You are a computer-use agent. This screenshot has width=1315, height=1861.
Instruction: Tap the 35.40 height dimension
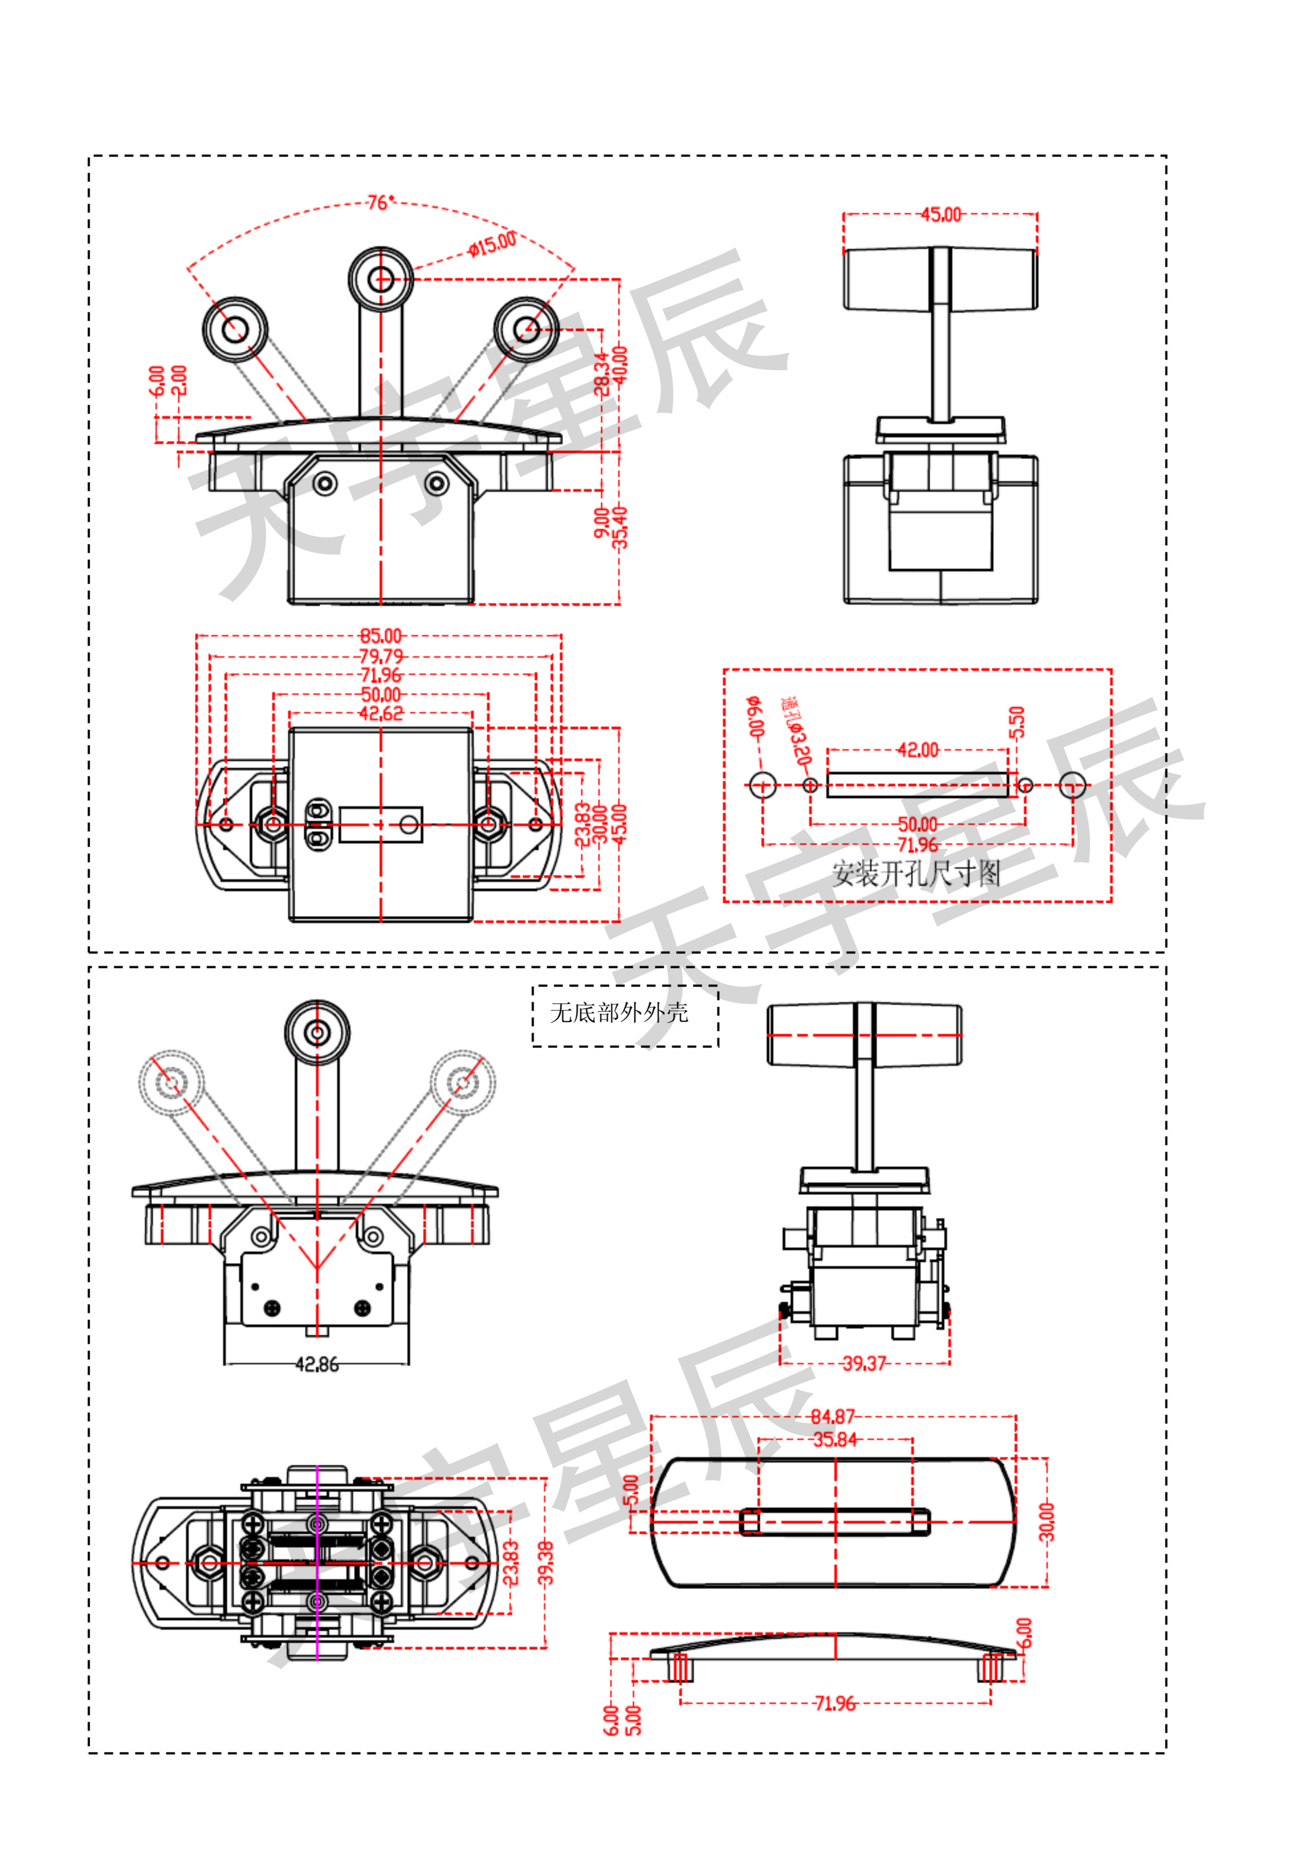[x=620, y=527]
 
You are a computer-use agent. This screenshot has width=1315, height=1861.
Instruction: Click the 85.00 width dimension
[x=380, y=636]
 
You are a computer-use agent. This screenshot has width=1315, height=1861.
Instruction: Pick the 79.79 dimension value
[x=380, y=656]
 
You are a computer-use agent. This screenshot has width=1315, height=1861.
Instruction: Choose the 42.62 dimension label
[x=380, y=714]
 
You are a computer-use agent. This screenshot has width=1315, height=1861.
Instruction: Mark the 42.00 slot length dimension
[x=917, y=750]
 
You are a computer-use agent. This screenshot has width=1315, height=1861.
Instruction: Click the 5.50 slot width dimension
[x=1018, y=721]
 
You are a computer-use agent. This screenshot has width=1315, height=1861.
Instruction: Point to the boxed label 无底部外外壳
[x=619, y=1012]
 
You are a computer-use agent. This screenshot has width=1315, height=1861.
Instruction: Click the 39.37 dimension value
[x=864, y=1363]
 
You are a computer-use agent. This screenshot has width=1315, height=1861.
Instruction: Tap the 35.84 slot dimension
[x=835, y=1440]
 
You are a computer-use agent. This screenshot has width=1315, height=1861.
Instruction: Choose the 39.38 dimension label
[x=547, y=1563]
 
